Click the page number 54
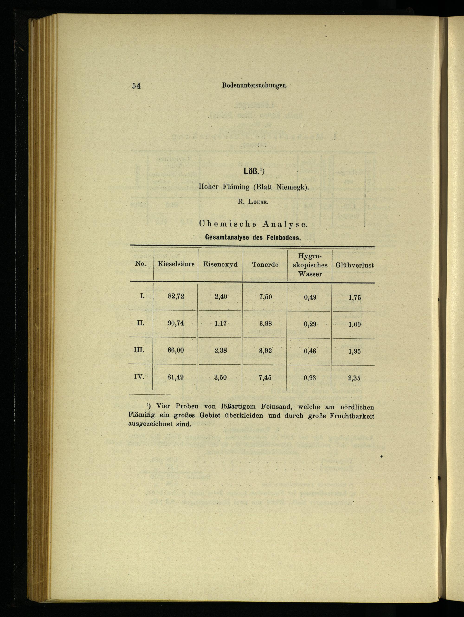[136, 86]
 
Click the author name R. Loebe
[253, 202]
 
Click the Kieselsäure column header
[176, 264]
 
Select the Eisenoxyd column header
[220, 264]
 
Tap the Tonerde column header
[265, 265]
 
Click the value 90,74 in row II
[176, 323]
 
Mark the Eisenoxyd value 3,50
[221, 377]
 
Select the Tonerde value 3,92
[265, 351]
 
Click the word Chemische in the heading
[228, 224]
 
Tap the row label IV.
[139, 377]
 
